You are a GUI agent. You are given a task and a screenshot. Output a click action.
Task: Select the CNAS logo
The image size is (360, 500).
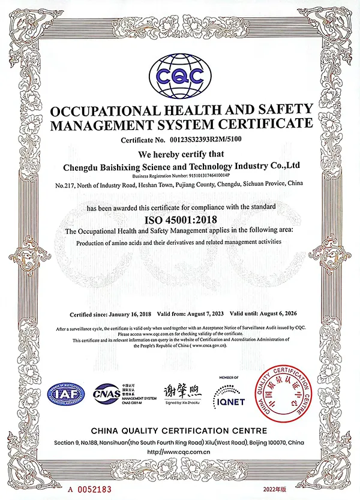point(108,394)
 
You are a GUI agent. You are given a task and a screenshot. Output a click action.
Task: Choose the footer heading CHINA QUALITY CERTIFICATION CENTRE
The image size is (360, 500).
point(181,432)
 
